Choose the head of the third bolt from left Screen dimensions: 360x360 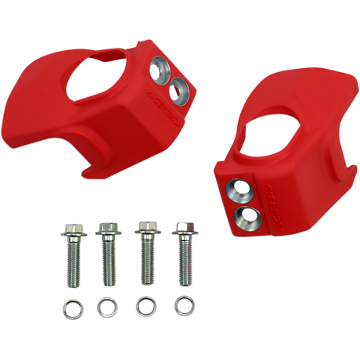click(144, 230)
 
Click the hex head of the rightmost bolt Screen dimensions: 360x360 click(183, 229)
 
